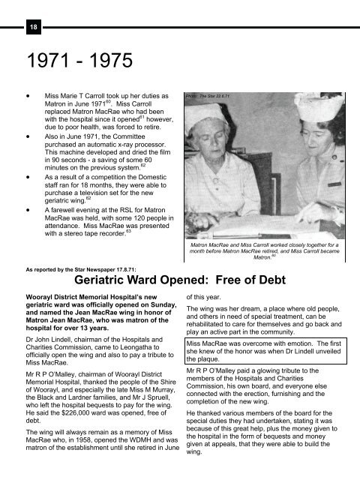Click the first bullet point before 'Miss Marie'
28,97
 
